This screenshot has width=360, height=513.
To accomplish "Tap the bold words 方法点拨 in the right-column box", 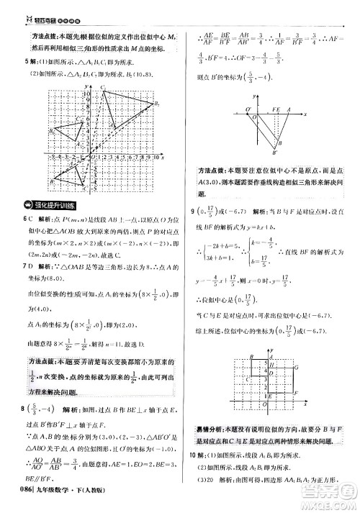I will click(x=213, y=173).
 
